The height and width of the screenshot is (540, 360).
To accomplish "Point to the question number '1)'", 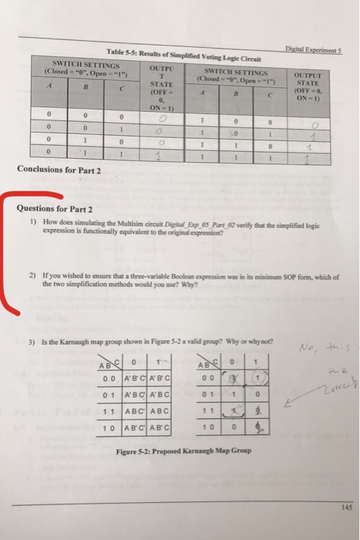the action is point(32,221).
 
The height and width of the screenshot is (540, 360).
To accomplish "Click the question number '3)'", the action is point(32,342).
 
